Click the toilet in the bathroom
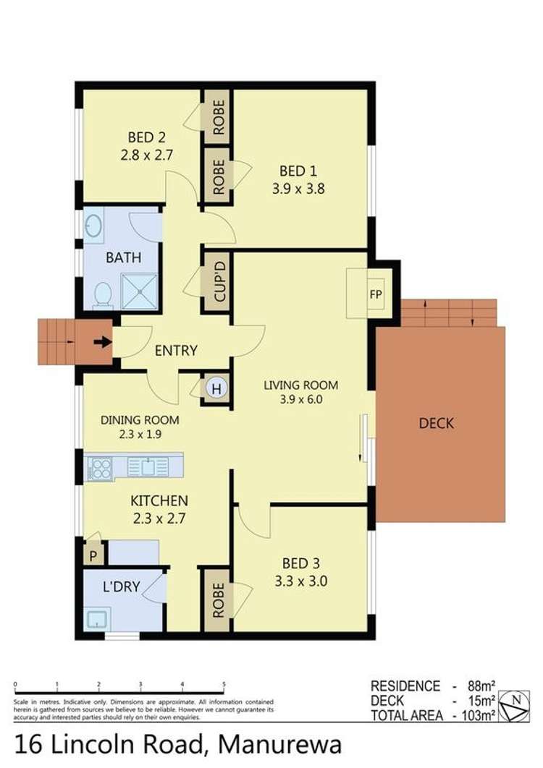(x=103, y=294)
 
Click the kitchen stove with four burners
(x=100, y=468)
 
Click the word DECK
(x=437, y=423)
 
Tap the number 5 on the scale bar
(x=224, y=683)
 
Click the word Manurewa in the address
(x=280, y=744)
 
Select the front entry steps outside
(x=56, y=341)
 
